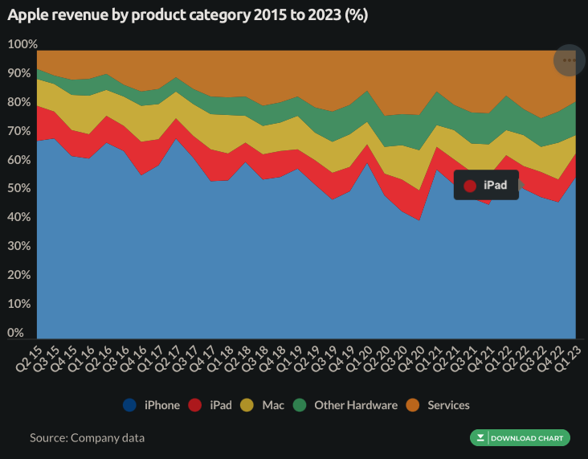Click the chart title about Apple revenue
pos(187,16)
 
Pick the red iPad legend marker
pos(194,405)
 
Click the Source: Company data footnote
pos(88,438)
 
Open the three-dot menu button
pos(569,60)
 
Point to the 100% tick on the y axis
pos(22,44)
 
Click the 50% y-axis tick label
pos(19,188)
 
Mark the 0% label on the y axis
pos(17,333)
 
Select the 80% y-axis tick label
pos(19,102)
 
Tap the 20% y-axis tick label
pos(19,275)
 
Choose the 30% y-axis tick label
pos(19,246)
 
